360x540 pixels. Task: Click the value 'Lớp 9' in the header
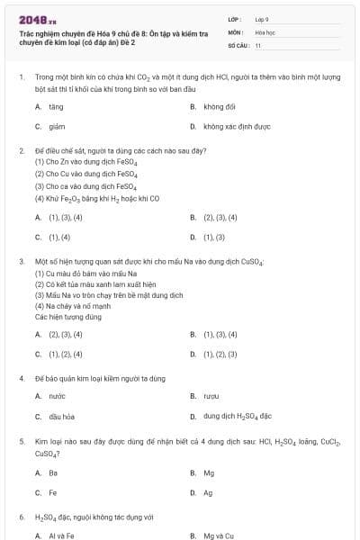click(262, 18)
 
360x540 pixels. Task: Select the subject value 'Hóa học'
click(265, 31)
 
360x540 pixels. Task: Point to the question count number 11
click(258, 45)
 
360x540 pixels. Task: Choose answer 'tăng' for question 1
click(57, 106)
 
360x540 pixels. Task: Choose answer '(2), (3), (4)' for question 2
click(220, 217)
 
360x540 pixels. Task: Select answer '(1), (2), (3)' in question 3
click(220, 355)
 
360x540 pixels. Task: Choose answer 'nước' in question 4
click(58, 396)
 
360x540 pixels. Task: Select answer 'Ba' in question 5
click(53, 472)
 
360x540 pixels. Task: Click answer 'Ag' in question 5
click(208, 492)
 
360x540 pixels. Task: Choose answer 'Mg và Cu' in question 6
click(218, 535)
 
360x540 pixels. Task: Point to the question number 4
click(21, 379)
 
